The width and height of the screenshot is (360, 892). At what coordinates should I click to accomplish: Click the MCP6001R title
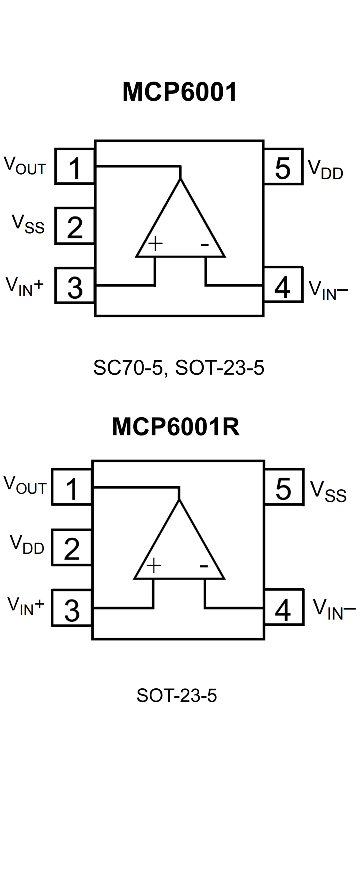[x=175, y=427]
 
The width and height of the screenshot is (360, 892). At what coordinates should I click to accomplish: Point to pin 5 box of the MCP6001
[x=283, y=167]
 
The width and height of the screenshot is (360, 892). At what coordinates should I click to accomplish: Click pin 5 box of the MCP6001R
[x=284, y=487]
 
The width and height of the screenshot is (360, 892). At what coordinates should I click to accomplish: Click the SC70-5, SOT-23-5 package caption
[x=179, y=368]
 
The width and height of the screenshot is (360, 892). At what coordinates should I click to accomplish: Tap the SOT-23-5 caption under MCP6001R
[x=177, y=695]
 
